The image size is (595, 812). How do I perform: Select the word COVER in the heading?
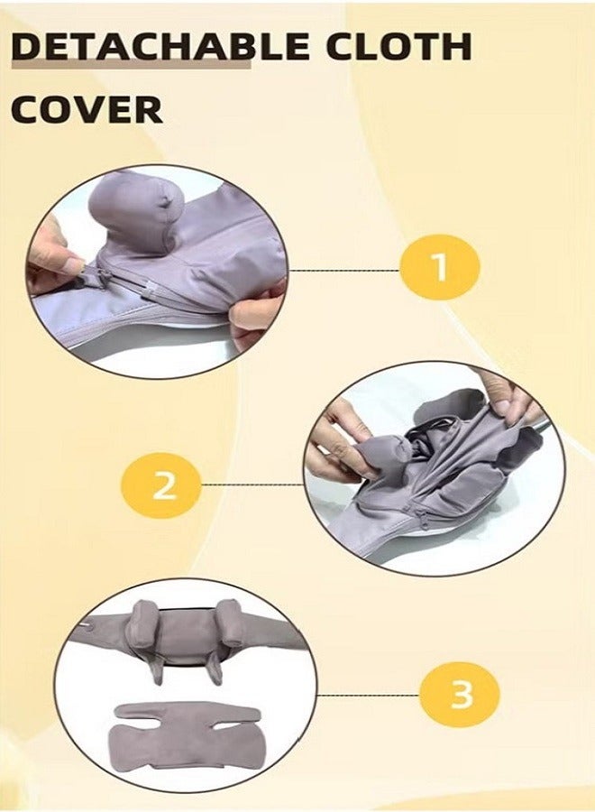[x=87, y=108]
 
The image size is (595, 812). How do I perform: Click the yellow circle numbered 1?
[x=440, y=268]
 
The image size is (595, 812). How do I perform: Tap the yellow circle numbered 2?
[x=163, y=487]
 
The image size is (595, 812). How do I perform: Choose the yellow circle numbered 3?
[x=460, y=695]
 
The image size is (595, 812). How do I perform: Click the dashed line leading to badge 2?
[x=252, y=484]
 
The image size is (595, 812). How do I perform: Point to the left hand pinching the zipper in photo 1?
[x=54, y=262]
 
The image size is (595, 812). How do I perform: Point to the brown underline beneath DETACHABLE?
[x=131, y=66]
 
